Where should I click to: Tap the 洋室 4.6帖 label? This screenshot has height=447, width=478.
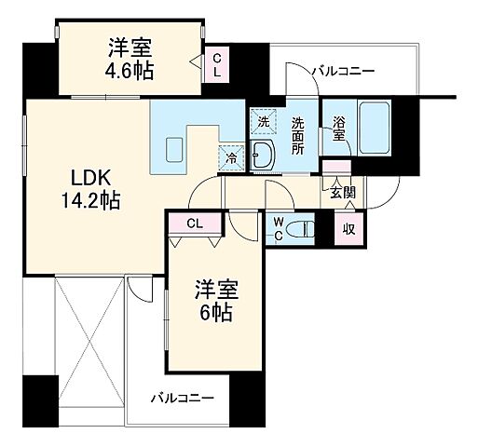coord(130,59)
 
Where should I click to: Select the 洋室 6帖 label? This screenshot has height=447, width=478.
coord(218,301)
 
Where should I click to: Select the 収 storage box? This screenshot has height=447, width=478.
coord(348,229)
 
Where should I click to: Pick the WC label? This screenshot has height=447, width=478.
coord(280,229)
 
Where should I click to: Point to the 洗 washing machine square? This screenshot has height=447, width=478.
coord(263,122)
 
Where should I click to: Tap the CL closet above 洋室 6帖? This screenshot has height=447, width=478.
coord(196,223)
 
